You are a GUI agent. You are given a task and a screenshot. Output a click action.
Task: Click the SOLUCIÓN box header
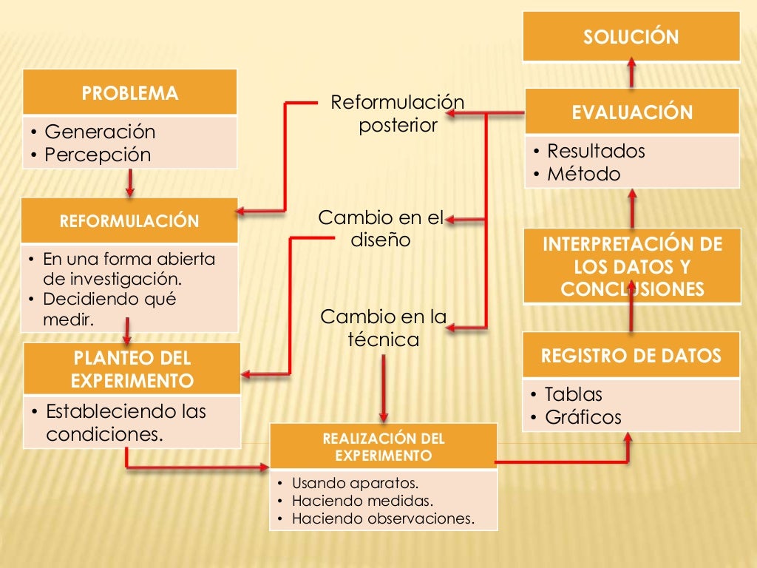[x=631, y=37]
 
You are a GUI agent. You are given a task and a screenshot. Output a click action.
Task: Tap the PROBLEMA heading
[x=130, y=93]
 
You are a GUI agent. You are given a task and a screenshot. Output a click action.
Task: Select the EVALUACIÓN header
[x=632, y=112]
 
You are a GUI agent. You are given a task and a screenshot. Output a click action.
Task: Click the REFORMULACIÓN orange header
[x=129, y=221]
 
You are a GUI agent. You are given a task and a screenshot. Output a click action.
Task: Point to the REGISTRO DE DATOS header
[x=631, y=356]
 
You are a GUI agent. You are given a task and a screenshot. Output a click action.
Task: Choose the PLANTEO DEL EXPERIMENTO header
[x=132, y=369]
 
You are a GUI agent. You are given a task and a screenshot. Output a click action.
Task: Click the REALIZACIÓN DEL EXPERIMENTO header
[x=384, y=447]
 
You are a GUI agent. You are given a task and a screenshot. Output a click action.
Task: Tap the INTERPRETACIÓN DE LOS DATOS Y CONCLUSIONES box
[x=632, y=266]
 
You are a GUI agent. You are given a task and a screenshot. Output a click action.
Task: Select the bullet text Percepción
[x=98, y=155]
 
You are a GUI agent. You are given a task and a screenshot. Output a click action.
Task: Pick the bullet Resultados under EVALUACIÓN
[x=596, y=151]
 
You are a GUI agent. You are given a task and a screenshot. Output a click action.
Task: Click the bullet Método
[x=583, y=175]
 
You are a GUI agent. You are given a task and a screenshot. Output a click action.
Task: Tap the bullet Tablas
[x=574, y=393]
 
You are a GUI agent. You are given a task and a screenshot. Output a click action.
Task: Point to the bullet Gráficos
[x=583, y=417]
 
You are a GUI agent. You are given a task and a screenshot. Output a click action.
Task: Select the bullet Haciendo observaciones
[x=383, y=518]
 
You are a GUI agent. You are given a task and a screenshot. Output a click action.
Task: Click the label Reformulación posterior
[x=398, y=113]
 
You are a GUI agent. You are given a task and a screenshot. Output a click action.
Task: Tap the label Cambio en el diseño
[x=381, y=229]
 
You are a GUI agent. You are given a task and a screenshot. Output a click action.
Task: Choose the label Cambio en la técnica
[x=384, y=328]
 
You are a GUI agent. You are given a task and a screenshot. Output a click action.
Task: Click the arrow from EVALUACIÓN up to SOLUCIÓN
[x=632, y=74]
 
